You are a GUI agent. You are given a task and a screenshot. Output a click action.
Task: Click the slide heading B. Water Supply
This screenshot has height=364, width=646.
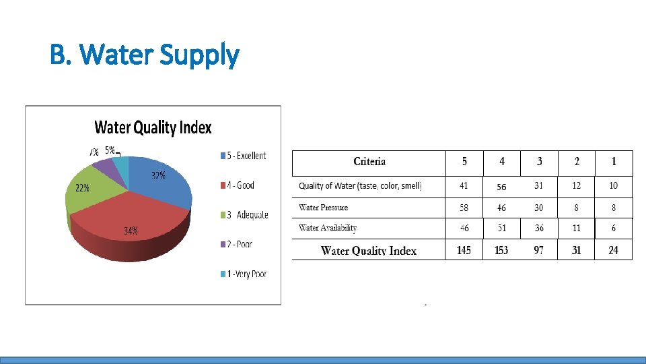pos(144,55)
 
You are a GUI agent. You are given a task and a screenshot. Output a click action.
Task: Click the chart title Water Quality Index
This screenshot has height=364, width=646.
pos(153,127)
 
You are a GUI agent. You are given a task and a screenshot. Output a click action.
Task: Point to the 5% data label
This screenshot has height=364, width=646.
pos(109,150)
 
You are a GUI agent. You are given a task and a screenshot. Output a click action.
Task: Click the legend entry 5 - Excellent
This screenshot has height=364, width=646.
pos(243,156)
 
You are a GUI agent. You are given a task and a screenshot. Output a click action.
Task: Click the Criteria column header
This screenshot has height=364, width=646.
pos(369,162)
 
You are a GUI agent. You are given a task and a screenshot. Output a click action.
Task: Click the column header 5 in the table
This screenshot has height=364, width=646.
pos(464,162)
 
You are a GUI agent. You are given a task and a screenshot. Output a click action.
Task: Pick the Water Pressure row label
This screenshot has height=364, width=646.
pos(324,208)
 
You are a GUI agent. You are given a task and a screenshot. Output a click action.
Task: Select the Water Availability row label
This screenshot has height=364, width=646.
pos(328,228)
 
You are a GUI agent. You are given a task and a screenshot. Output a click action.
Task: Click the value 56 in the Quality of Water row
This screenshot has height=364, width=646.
pos(501,187)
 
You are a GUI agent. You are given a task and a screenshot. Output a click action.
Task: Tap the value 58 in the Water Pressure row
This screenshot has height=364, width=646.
pos(464,208)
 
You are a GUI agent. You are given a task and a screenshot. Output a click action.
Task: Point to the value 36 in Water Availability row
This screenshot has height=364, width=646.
pos(539,228)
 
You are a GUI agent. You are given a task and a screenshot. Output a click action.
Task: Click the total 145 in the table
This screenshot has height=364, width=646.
pos(464,250)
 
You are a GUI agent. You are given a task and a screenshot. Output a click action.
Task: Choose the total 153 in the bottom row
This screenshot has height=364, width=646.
pos(501,250)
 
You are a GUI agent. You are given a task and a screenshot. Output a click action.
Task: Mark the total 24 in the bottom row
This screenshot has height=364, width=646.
pos(614,250)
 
